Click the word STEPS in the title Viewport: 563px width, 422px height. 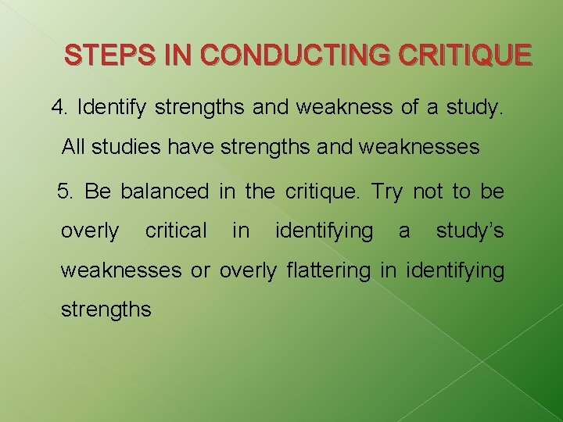[x=98, y=55]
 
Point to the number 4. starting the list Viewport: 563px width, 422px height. [x=59, y=108]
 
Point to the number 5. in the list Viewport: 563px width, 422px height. [x=66, y=191]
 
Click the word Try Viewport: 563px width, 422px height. [x=387, y=191]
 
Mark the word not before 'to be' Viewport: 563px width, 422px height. [x=428, y=191]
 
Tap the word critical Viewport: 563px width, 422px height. [x=176, y=231]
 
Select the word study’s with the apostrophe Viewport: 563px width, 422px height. [x=469, y=231]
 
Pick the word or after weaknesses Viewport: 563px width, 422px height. [x=200, y=271]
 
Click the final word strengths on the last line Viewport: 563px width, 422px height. [x=106, y=309]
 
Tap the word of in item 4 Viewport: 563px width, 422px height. [x=410, y=108]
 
